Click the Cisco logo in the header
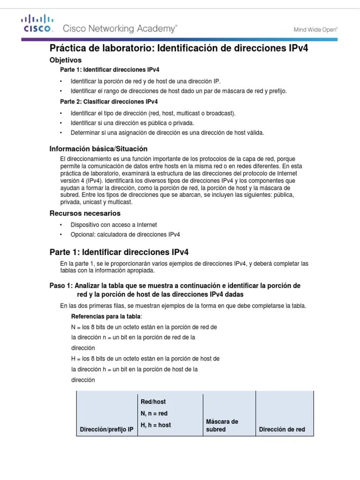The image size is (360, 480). click(x=37, y=24)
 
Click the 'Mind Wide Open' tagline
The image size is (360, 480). click(x=315, y=29)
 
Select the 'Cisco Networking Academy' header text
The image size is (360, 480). click(x=120, y=29)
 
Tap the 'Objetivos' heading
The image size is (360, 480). click(x=66, y=60)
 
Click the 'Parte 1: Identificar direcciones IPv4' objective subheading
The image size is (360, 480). click(x=110, y=69)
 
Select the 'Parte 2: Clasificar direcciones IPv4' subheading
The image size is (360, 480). click(x=109, y=101)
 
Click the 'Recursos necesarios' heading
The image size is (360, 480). click(x=85, y=213)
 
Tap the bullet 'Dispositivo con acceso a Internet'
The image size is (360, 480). click(x=113, y=225)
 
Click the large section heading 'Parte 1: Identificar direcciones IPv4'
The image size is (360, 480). click(x=119, y=252)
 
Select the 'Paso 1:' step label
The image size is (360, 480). click(x=61, y=285)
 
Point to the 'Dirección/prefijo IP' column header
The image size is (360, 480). click(x=107, y=429)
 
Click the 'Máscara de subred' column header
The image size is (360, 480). click(x=222, y=425)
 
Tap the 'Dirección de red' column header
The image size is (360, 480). click(x=282, y=429)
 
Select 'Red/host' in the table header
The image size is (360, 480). click(x=153, y=402)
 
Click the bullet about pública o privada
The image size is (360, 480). click(x=132, y=123)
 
